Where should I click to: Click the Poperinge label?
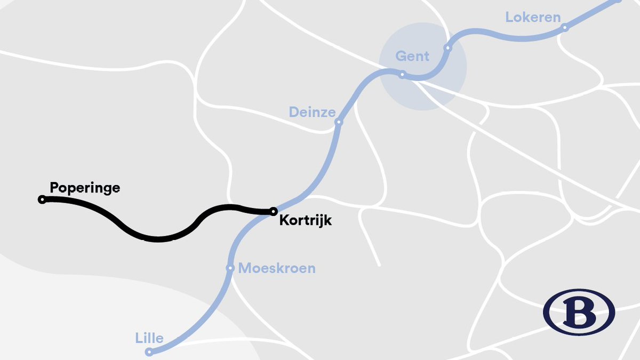coord(85,188)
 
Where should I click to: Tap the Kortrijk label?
coord(306,220)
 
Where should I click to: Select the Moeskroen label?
coord(277,268)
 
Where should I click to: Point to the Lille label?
coord(149,338)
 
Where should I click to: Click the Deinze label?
coord(312,112)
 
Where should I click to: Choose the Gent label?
coord(412,56)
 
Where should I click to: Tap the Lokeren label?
coord(533,17)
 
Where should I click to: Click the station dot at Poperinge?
coord(42,199)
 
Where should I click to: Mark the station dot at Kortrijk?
coord(273,211)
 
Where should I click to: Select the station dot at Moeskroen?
coord(230,268)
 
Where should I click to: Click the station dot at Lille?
coord(150,352)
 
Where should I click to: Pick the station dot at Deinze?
coord(338,122)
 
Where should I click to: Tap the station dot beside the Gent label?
coord(403,75)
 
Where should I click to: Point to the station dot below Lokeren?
coord(565,28)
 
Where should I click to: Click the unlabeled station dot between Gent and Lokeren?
coord(447,48)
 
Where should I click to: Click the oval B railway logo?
coord(579,312)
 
